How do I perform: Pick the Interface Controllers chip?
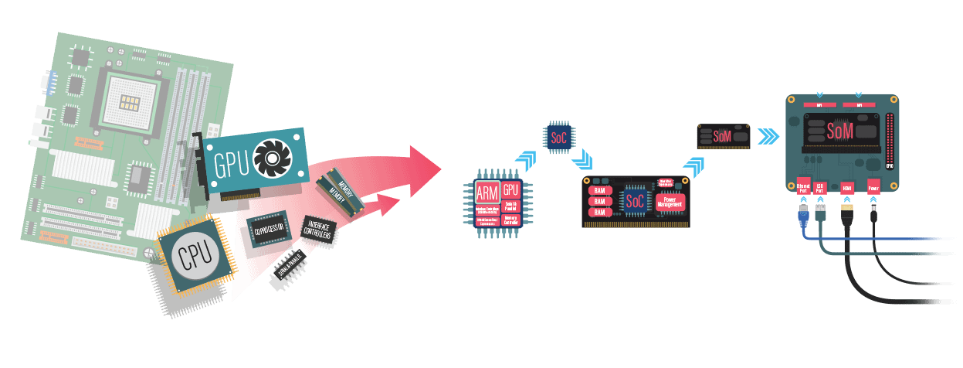319,231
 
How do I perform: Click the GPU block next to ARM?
510,190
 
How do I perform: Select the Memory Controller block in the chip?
510,220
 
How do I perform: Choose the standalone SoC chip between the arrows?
558,138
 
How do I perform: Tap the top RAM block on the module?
598,190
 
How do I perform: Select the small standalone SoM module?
722,137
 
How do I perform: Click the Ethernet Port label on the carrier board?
804,187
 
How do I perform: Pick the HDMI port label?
847,187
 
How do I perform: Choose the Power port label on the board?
873,187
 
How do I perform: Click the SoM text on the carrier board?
840,131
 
